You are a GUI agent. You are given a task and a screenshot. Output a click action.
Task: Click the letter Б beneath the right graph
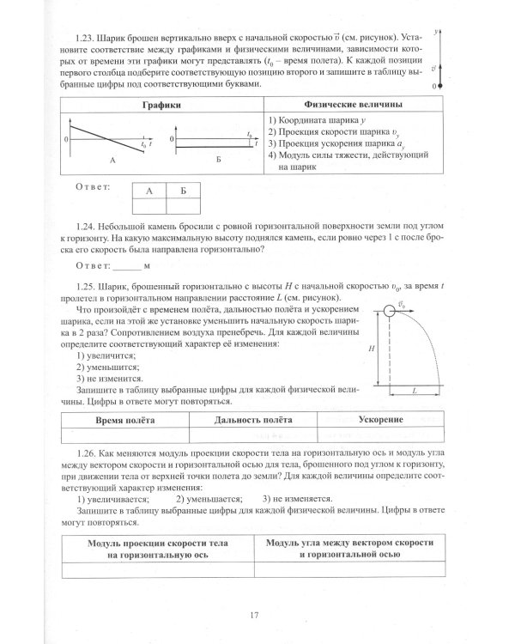(x=218, y=161)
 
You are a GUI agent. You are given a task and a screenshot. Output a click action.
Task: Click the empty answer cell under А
(x=149, y=205)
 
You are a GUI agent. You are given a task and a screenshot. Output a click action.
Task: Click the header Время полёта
(x=128, y=419)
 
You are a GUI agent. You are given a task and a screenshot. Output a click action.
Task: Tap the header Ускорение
(x=377, y=419)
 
